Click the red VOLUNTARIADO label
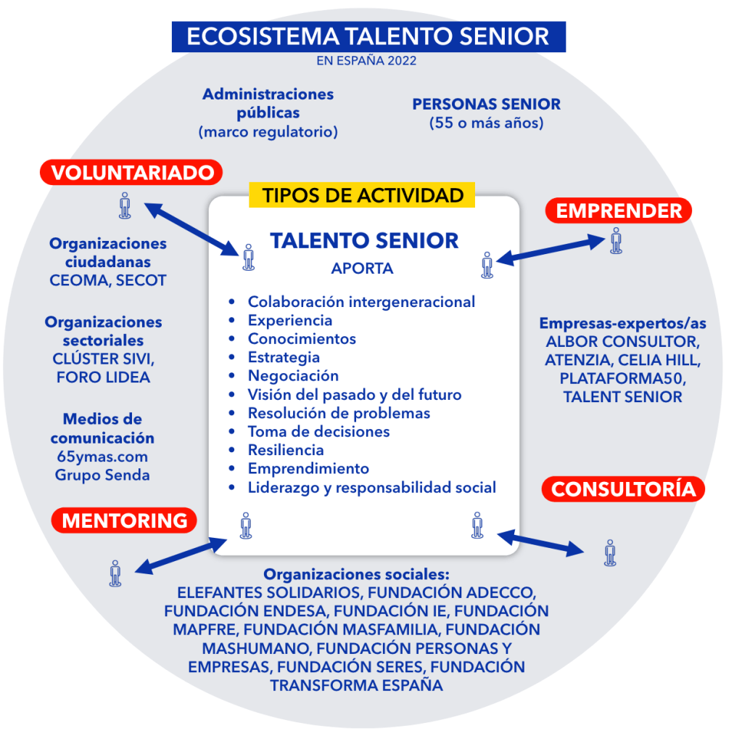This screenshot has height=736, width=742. tap(131, 173)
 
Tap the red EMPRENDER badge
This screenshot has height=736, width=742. tap(619, 210)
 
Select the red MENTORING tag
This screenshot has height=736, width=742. tap(124, 520)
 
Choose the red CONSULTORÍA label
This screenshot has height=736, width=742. tap(623, 489)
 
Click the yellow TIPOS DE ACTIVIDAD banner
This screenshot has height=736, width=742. tap(363, 195)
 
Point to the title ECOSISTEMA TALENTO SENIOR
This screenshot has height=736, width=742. tap(368, 37)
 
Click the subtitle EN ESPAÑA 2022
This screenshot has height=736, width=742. tap(366, 61)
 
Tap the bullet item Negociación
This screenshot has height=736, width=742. tap(293, 375)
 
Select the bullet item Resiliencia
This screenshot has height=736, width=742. tap(286, 450)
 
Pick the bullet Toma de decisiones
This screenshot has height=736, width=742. tap(318, 431)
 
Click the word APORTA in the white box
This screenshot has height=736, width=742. tap(362, 269)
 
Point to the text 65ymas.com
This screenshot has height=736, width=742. tap(102, 457)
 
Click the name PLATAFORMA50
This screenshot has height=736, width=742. tap(623, 377)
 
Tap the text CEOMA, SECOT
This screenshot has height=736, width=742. tap(108, 280)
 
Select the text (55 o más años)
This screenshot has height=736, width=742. tap(486, 123)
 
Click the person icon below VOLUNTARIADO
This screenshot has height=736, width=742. tap(125, 205)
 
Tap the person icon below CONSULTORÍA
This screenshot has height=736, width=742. tap(610, 552)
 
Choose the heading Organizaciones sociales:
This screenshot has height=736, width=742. tap(356, 573)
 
